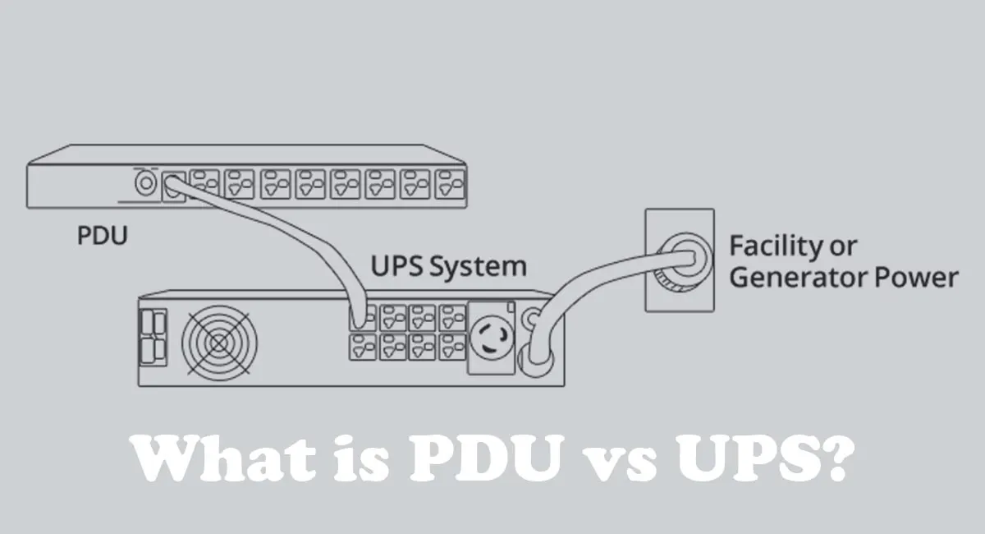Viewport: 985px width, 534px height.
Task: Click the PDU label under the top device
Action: coord(103,237)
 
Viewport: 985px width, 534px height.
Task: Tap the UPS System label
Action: coord(449,267)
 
